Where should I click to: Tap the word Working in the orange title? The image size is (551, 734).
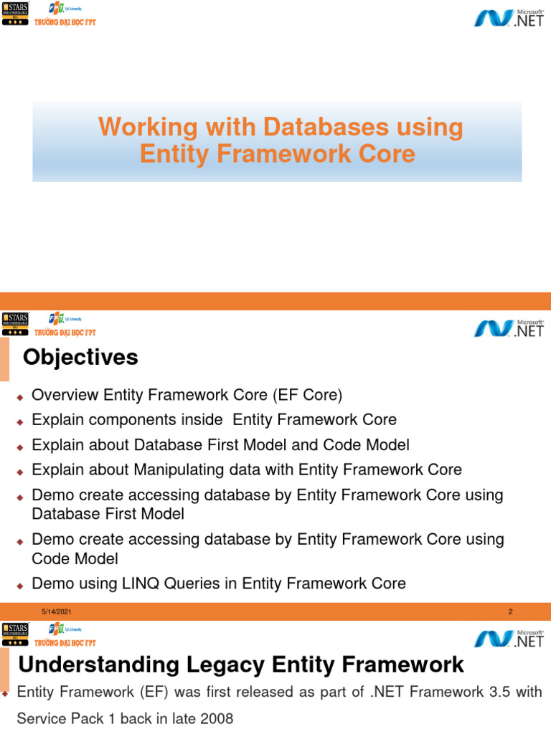[x=138, y=128]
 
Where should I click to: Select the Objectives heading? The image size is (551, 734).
[x=80, y=357]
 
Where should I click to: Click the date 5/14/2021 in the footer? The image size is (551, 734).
[x=56, y=611]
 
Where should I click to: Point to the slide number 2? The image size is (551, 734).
[x=510, y=611]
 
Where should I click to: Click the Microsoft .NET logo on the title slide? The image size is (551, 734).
[x=509, y=17]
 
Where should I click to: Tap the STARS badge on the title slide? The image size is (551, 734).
[x=15, y=14]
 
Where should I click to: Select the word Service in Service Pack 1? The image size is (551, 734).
[x=42, y=718]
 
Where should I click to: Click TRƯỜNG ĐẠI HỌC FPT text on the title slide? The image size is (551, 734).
[x=65, y=22]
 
